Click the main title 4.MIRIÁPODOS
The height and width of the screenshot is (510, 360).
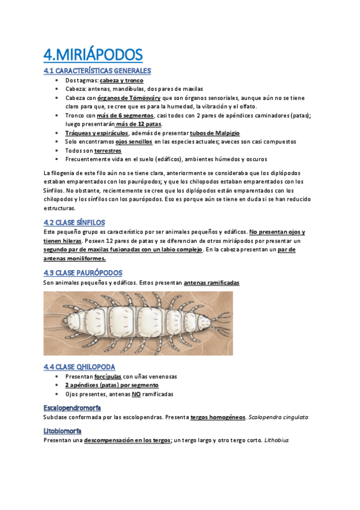[x=93, y=55]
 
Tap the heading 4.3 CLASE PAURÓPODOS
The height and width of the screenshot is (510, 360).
[x=83, y=272]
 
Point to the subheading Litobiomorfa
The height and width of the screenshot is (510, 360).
[x=63, y=431]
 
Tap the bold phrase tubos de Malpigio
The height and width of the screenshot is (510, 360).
[x=214, y=132]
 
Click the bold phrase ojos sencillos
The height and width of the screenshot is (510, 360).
[x=133, y=141]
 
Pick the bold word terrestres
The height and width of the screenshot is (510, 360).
[x=102, y=150]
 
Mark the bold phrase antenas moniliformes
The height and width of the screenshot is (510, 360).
[x=75, y=258]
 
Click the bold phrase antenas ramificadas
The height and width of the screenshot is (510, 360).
[x=211, y=282]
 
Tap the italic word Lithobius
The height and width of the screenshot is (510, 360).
[x=276, y=440]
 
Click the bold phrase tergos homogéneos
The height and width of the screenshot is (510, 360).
[x=217, y=416]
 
